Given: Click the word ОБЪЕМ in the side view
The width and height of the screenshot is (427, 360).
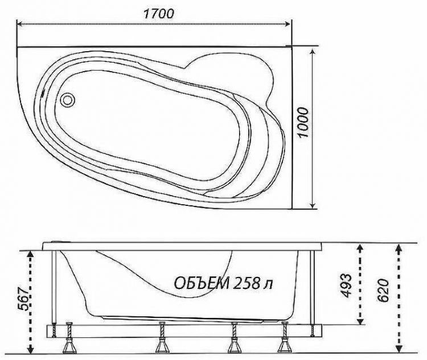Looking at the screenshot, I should point(201,283).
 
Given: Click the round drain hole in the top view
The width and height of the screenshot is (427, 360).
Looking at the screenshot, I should point(68,100).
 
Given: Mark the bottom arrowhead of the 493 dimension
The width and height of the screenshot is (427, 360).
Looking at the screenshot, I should point(359,320).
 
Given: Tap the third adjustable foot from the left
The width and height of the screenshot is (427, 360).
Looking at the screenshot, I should point(233,340).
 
